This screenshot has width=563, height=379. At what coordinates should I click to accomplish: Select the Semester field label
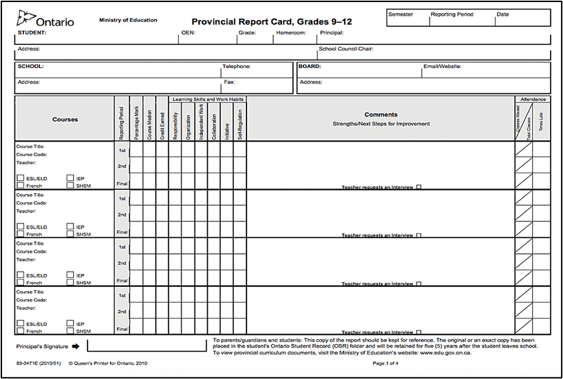coord(401,14)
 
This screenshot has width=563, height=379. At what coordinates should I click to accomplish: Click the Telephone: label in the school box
coord(237,67)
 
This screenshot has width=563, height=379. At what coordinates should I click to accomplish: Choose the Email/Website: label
coord(442,67)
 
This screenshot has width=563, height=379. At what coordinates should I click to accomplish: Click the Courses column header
coord(65,119)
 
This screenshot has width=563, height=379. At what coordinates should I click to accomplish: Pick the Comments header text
coord(381,115)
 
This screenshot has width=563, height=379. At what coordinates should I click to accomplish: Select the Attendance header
coord(533,99)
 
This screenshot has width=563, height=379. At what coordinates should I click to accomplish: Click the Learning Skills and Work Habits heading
coord(207,99)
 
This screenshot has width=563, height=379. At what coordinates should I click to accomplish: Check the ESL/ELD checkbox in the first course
coord(20,178)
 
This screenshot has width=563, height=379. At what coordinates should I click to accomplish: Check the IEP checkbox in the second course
coord(70,226)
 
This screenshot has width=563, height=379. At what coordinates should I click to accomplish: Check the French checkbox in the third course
coord(20,282)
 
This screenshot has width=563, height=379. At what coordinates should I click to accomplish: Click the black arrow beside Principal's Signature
coord(75,347)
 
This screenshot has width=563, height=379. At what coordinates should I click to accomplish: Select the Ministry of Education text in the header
coord(128,20)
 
